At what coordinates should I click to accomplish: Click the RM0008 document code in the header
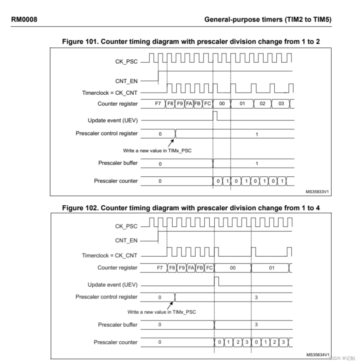point(24,19)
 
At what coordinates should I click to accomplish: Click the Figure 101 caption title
point(191,42)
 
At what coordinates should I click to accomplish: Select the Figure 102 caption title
point(191,208)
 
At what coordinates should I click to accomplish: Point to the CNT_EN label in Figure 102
point(126,241)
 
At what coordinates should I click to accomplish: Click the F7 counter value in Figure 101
point(158,104)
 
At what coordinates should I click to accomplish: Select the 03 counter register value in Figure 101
point(281,104)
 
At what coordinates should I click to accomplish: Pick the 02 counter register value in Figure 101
point(262,104)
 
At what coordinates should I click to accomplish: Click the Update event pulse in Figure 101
point(215,116)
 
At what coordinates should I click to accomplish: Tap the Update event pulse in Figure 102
point(217,281)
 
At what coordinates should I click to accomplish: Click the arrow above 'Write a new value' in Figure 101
point(170,142)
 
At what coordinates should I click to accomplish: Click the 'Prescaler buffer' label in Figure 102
point(118,325)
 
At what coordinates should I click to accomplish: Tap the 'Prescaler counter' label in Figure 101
point(116,181)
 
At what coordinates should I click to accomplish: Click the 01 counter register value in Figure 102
point(272,268)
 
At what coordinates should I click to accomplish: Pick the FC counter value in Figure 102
point(210,268)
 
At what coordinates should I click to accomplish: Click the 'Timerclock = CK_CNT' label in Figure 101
point(110,93)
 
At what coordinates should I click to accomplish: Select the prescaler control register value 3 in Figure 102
point(257,297)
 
